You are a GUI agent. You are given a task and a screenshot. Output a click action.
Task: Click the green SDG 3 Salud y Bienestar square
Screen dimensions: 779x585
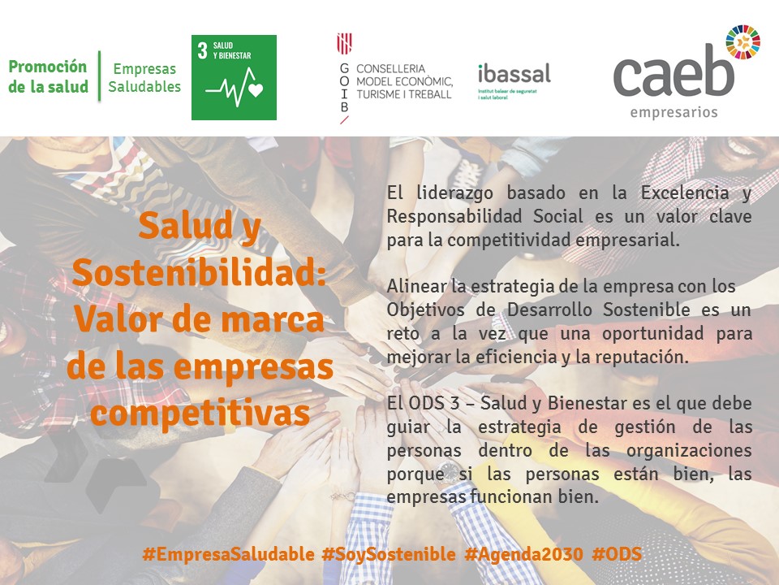[234, 77]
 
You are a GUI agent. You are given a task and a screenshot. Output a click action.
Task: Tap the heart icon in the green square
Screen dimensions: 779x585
[256, 90]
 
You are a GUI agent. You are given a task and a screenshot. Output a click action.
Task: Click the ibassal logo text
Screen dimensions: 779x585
[514, 74]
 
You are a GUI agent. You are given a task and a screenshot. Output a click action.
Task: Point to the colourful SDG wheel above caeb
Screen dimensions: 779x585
[742, 42]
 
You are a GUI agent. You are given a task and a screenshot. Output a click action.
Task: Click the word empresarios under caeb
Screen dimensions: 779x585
[674, 112]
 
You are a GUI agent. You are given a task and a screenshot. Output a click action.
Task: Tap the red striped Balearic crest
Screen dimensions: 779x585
[344, 44]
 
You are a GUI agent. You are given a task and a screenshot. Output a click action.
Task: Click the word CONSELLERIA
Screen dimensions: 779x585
[390, 68]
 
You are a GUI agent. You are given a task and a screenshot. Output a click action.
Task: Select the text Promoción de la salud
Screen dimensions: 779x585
[48, 76]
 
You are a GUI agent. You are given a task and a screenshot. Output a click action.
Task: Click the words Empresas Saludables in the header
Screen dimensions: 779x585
[144, 78]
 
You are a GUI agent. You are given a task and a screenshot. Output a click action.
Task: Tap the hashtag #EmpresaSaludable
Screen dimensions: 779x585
[229, 553]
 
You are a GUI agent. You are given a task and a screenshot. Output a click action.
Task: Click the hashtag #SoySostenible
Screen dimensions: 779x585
[389, 553]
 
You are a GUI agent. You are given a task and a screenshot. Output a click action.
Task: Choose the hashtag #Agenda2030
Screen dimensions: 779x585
[523, 553]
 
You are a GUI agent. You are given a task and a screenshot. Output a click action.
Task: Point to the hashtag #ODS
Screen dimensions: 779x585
[617, 553]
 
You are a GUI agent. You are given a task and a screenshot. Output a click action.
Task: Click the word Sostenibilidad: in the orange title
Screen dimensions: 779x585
[200, 273]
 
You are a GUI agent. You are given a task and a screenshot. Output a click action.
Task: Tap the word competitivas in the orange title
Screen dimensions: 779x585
[200, 414]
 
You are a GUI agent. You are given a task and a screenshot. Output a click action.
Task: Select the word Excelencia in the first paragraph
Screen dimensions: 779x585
[685, 193]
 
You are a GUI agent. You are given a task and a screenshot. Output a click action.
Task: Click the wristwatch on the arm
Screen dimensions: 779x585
[449, 470]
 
